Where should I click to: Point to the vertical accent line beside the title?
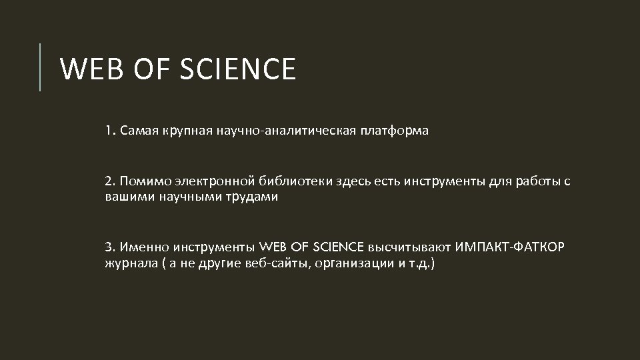pos(41,67)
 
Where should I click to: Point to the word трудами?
pos(251,197)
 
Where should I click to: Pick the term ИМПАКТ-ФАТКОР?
pos(511,248)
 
